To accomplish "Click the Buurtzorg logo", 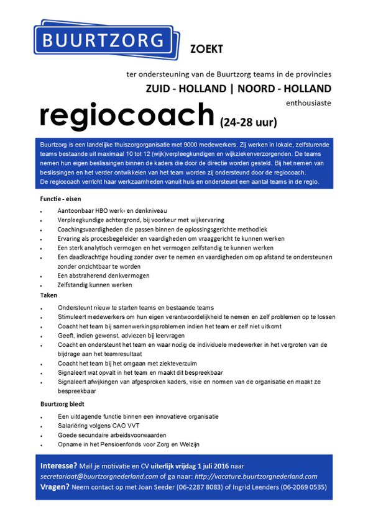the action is tap(104, 42).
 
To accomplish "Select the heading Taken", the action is tap(48, 295).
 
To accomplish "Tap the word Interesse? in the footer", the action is tap(58, 465).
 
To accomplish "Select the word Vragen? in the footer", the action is tap(55, 486).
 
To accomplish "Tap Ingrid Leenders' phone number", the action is tap(303, 487).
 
